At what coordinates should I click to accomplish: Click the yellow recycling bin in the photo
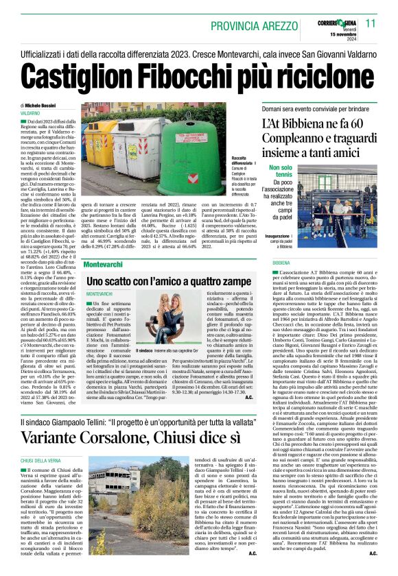tap(102, 141)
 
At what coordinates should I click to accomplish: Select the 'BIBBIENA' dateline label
tap(281, 263)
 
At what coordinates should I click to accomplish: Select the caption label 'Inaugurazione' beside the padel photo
tap(283, 237)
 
